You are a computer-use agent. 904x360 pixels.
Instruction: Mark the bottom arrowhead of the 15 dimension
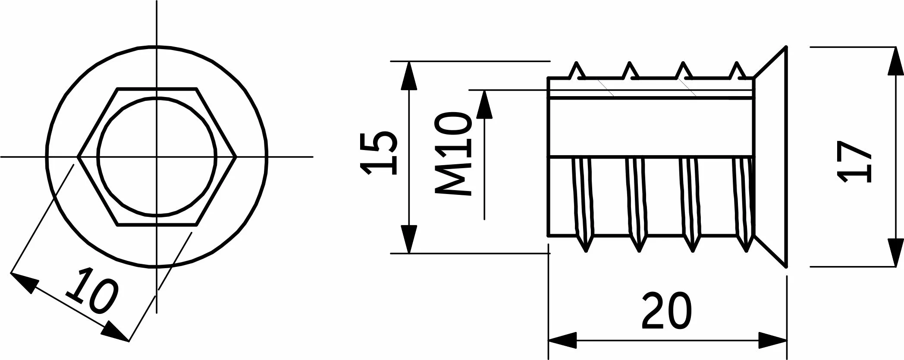point(409,240)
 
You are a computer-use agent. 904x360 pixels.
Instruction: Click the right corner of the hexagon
point(235,157)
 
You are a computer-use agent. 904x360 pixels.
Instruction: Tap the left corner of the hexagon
point(78,157)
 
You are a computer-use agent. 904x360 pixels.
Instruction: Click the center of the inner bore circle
point(157,157)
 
